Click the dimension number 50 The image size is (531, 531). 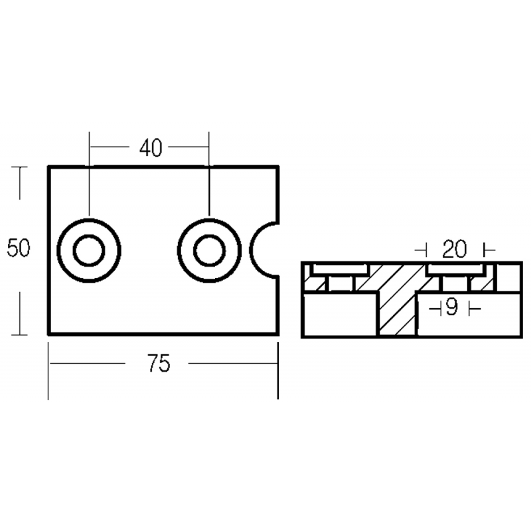coord(19,250)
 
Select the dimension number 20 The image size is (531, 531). coord(454,250)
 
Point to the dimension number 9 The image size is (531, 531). coord(451,308)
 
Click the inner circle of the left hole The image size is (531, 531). coord(88,251)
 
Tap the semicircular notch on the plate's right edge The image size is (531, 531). coord(267,250)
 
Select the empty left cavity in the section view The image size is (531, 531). coord(340,315)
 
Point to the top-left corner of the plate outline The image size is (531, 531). coord(49,167)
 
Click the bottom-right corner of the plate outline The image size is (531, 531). coord(277,333)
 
